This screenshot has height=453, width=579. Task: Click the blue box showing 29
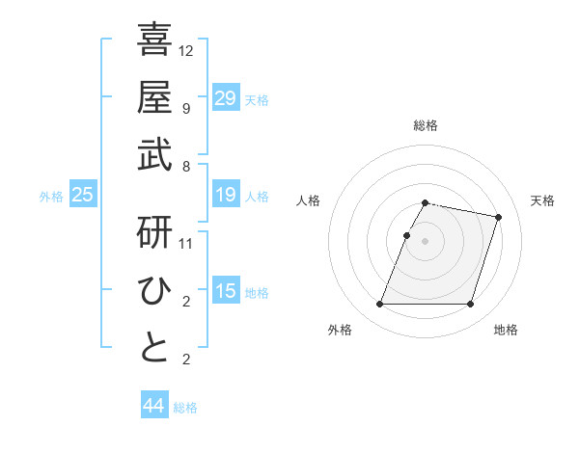[225, 97]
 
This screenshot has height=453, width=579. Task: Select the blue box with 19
[225, 196]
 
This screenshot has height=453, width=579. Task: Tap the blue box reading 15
[225, 292]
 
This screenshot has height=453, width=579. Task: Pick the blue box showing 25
[82, 196]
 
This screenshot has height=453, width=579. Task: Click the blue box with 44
[153, 406]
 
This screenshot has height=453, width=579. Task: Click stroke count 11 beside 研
[186, 243]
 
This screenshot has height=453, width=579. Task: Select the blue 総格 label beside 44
[185, 408]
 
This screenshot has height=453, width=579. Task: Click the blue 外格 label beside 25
[51, 197]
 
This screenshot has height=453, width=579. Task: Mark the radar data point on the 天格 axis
[498, 218]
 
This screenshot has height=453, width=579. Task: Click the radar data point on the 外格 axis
[380, 305]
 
